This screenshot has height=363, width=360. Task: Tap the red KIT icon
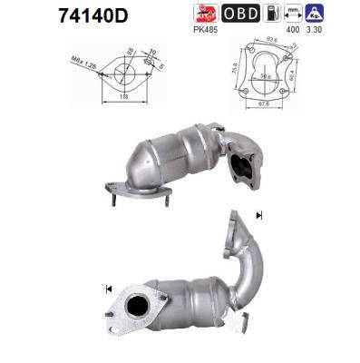pos(206,13)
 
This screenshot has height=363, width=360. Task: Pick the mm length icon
pos(293,13)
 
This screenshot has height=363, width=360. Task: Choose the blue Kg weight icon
pos(316,13)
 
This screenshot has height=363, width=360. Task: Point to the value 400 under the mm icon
pos(292,30)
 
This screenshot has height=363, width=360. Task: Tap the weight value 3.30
pos(316,30)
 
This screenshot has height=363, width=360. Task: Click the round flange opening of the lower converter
pos(140,307)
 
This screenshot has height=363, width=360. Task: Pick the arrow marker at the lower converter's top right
pos(259,215)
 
